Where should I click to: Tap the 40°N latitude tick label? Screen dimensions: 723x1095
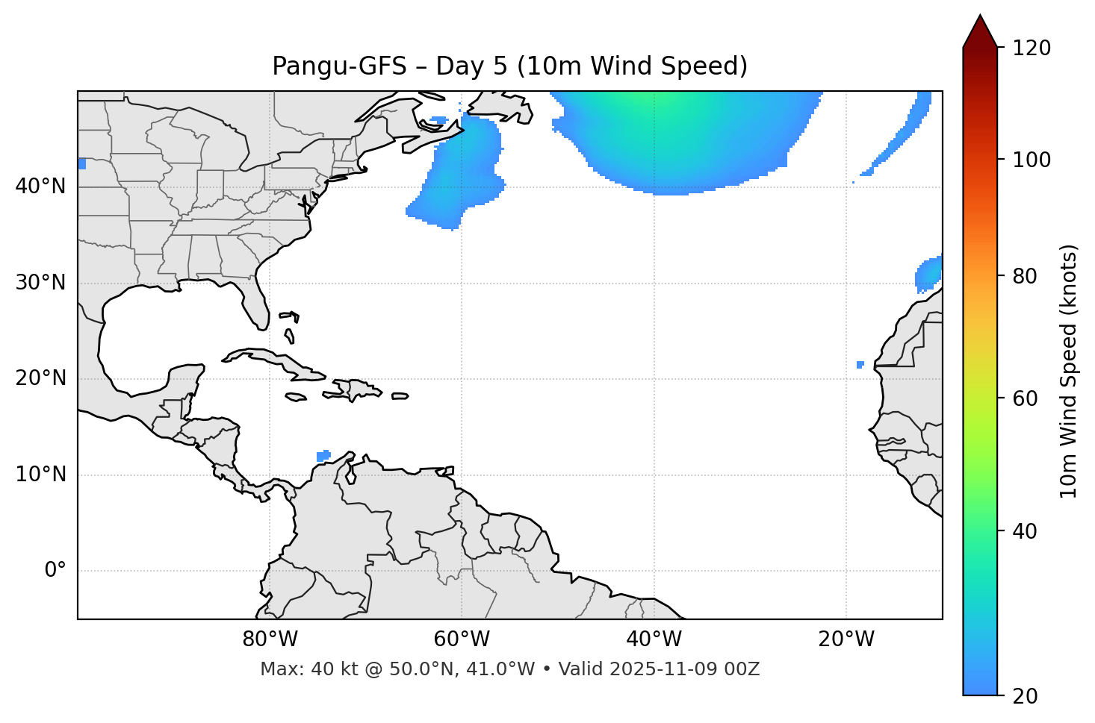point(40,187)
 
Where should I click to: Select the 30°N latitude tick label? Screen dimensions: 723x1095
point(40,283)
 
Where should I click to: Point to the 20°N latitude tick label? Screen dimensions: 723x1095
point(40,378)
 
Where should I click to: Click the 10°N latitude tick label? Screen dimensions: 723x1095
point(40,475)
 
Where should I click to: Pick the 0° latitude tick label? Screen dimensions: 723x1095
point(55,571)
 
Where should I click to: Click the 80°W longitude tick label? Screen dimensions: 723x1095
point(270,639)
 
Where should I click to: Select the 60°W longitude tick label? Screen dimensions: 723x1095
point(462,639)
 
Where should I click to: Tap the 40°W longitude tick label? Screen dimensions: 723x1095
point(654,639)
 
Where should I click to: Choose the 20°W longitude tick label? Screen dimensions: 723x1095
point(846,639)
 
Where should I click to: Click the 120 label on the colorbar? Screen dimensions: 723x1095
point(1033,48)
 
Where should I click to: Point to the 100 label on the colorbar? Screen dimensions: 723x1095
point(1033,160)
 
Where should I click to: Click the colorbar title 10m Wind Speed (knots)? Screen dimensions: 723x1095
point(1069,371)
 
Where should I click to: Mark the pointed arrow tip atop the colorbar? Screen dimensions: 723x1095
point(980,16)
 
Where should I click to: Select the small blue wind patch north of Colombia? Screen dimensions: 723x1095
point(323,456)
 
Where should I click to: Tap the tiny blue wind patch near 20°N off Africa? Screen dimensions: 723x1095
point(860,365)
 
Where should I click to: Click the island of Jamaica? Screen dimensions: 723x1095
point(296,397)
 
